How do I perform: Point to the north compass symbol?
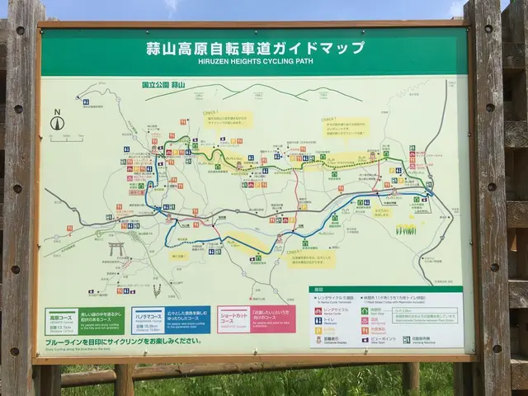click(x=57, y=122)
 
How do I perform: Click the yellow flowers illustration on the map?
click(x=406, y=229)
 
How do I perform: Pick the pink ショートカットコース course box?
click(x=255, y=318)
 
